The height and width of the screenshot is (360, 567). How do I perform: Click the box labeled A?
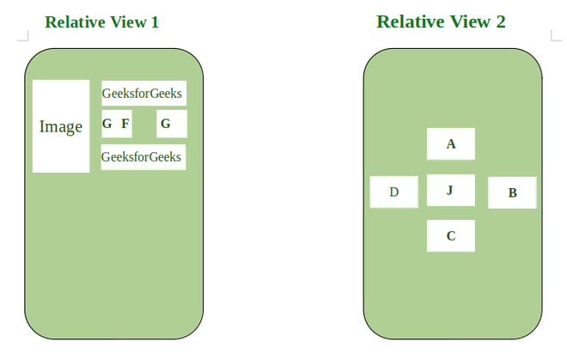tap(451, 143)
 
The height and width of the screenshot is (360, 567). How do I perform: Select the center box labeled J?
tap(450, 190)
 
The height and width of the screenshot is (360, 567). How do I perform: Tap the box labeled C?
tap(451, 235)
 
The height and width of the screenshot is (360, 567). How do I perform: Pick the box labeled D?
tap(393, 192)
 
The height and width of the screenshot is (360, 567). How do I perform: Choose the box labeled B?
tap(512, 192)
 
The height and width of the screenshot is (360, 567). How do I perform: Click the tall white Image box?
tap(61, 126)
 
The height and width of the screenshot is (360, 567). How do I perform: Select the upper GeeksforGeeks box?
tap(143, 93)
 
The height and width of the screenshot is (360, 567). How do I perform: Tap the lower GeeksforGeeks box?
tap(143, 156)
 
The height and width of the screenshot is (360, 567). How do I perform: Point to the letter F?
tap(125, 124)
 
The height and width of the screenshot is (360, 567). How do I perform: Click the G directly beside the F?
tap(107, 124)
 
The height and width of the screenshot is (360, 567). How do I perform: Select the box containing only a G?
tap(170, 124)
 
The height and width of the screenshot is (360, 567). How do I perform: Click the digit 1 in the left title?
tap(154, 22)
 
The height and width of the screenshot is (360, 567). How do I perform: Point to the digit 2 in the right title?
tap(500, 21)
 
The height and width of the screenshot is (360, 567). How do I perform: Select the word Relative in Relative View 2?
tap(408, 21)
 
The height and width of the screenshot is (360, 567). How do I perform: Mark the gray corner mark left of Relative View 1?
tap(23, 36)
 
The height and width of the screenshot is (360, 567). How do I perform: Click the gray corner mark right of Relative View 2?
tap(555, 35)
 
